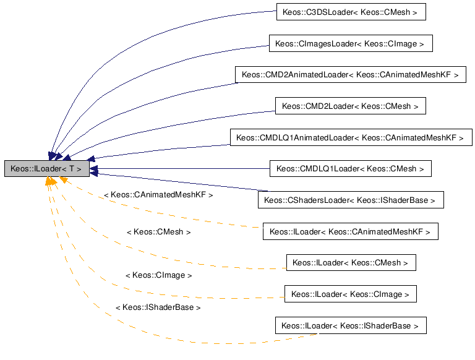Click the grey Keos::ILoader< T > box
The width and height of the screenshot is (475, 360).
pyautogui.click(x=46, y=168)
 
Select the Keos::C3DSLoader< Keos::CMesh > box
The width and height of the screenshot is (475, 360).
pyautogui.click(x=350, y=12)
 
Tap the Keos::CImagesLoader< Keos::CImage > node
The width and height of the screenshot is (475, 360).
pyautogui.click(x=350, y=43)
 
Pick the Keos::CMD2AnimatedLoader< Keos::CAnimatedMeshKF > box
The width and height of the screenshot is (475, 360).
pyautogui.click(x=350, y=74)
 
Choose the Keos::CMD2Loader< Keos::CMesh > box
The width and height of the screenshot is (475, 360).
pyautogui.click(x=350, y=106)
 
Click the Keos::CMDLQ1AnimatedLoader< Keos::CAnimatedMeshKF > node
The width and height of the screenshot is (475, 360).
pyautogui.click(x=350, y=137)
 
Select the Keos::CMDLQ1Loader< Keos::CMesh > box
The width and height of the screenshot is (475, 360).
pyautogui.click(x=350, y=168)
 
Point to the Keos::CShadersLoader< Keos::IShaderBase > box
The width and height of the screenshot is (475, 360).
pyautogui.click(x=350, y=200)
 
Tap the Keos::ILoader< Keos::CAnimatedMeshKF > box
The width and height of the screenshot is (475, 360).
pyautogui.click(x=350, y=231)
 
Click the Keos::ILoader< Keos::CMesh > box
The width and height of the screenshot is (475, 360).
pyautogui.click(x=350, y=262)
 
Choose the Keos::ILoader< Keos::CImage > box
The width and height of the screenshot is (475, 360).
pyautogui.click(x=350, y=294)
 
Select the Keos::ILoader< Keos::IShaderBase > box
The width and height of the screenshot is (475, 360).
pyautogui.click(x=350, y=325)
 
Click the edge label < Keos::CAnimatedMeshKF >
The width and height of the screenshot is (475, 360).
pyautogui.click(x=158, y=195)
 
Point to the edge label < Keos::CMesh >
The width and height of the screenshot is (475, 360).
pyautogui.click(x=158, y=232)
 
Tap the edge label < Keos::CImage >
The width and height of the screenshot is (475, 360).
pyautogui.click(x=158, y=275)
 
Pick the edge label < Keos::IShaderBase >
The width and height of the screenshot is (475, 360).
pyautogui.click(x=158, y=307)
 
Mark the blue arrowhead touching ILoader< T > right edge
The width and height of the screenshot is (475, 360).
pyautogui.click(x=93, y=168)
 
